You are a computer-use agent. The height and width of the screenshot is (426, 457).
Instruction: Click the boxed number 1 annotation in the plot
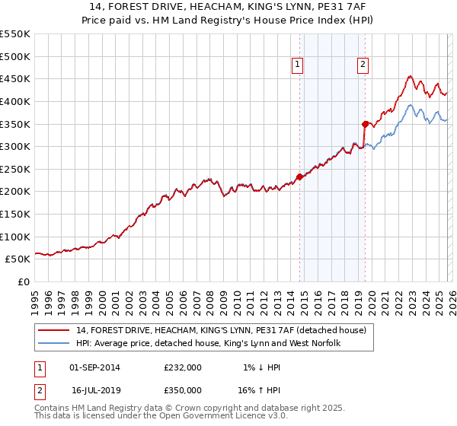(296, 65)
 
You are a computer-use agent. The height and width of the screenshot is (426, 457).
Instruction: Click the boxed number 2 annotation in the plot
(363, 65)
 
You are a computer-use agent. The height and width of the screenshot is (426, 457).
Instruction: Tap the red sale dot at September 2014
(299, 177)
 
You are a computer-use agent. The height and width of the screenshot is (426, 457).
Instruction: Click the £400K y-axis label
(15, 101)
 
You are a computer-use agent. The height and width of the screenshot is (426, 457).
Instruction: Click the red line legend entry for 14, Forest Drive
(221, 330)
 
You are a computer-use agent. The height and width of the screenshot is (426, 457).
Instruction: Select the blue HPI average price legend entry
(208, 344)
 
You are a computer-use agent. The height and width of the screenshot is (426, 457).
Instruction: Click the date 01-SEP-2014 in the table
(94, 367)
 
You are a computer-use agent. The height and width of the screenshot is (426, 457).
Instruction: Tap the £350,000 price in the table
(183, 389)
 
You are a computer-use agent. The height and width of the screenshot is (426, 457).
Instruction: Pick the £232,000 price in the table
(183, 367)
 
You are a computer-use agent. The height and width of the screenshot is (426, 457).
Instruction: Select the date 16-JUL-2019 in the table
(95, 389)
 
